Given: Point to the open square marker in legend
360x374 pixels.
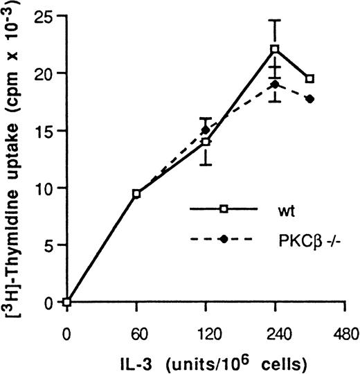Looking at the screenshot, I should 222,207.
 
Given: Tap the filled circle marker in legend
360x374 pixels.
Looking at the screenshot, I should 222,239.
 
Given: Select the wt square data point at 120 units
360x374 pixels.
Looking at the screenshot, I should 206,141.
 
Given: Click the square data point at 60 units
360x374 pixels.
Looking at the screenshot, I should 136,194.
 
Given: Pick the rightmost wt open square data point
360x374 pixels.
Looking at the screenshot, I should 309,78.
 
